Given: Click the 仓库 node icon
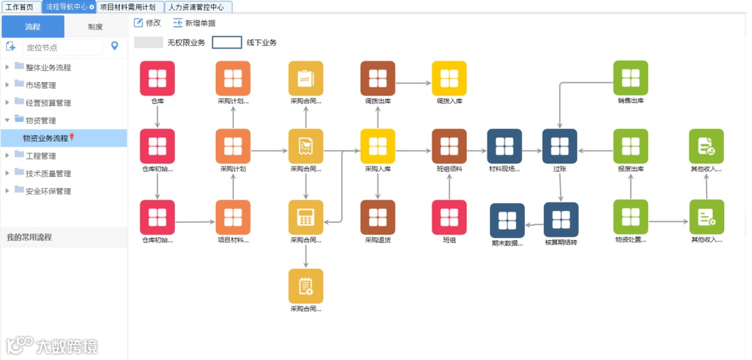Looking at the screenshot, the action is click(x=157, y=78).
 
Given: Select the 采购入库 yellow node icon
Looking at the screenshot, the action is click(x=377, y=146).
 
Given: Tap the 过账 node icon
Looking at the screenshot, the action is click(x=560, y=146).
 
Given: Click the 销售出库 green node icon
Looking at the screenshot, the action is click(x=630, y=78).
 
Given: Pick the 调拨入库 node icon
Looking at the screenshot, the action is click(x=449, y=78).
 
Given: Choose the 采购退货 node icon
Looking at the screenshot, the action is click(x=377, y=217).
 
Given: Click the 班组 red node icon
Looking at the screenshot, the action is click(x=449, y=217).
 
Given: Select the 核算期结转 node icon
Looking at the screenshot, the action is click(x=561, y=219).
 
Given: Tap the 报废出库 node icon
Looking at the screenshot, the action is click(x=630, y=146).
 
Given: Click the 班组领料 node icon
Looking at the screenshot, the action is click(x=449, y=146).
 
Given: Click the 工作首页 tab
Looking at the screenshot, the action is click(x=19, y=7).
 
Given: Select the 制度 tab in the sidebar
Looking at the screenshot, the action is click(x=95, y=27).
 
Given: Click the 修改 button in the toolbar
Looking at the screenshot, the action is click(x=148, y=23).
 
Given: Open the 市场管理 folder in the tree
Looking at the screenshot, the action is click(x=40, y=85).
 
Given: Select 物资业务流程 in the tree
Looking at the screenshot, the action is click(x=46, y=139).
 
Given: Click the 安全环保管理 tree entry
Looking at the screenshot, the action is click(x=48, y=191).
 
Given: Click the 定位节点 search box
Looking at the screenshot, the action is click(x=61, y=47).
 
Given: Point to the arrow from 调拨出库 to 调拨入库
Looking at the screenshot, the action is click(x=414, y=84).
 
